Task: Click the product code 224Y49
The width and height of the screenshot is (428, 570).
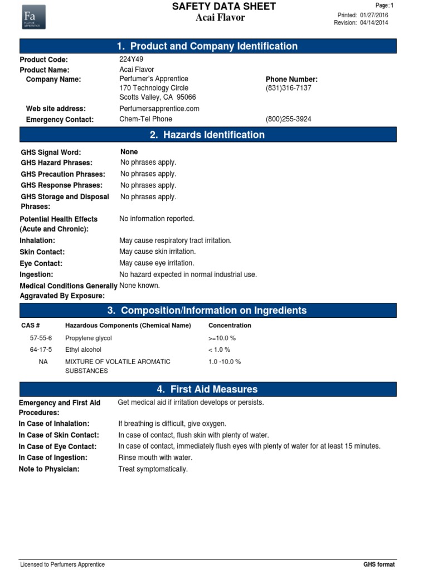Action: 131,60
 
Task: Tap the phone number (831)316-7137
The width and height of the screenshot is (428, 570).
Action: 288,89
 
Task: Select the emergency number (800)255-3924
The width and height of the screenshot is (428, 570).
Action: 288,119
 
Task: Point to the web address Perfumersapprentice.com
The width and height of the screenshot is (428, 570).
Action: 159,109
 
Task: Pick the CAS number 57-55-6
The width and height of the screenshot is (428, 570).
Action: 41,338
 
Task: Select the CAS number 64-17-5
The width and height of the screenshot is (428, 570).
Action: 41,350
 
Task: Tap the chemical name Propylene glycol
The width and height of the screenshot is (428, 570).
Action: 89,338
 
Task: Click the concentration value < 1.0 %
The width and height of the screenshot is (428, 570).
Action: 218,350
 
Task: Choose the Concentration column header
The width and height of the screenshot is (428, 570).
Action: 230,326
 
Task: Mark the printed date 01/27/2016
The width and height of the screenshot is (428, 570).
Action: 374,15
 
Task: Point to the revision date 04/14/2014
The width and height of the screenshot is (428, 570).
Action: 374,23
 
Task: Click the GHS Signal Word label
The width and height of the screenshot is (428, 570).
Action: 51,153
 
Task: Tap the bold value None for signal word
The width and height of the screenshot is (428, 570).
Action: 129,152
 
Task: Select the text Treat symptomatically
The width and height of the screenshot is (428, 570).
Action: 153,469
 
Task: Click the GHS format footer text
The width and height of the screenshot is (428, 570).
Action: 378,564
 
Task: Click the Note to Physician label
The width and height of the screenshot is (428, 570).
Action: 49,469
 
